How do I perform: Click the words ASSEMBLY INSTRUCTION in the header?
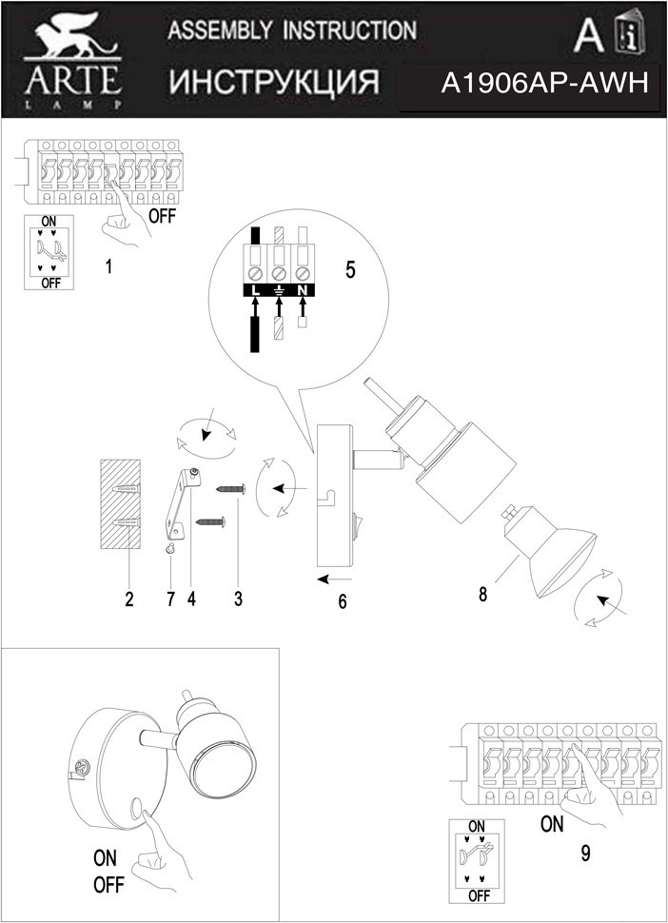click(291, 30)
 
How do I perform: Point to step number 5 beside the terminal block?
click(350, 269)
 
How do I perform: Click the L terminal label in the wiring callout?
click(255, 287)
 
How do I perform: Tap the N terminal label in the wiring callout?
click(302, 287)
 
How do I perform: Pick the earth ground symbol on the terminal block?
click(279, 287)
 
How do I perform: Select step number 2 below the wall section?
click(128, 599)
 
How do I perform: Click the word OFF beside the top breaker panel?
click(163, 215)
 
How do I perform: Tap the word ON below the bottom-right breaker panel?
click(552, 824)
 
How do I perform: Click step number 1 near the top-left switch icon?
click(109, 267)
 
